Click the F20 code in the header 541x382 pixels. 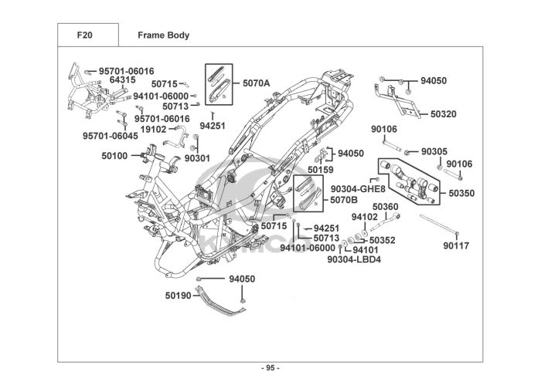coord(85,35)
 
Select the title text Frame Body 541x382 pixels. coord(163,35)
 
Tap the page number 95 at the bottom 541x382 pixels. coord(270,367)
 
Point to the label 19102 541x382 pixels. coord(154,129)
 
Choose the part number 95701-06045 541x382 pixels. coord(110,136)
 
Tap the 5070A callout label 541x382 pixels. coord(257,83)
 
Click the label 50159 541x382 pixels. coord(321,169)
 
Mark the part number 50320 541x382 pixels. coord(444,113)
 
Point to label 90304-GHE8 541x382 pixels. coord(358,188)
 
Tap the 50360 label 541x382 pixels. coord(386,206)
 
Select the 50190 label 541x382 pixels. coord(178,295)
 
